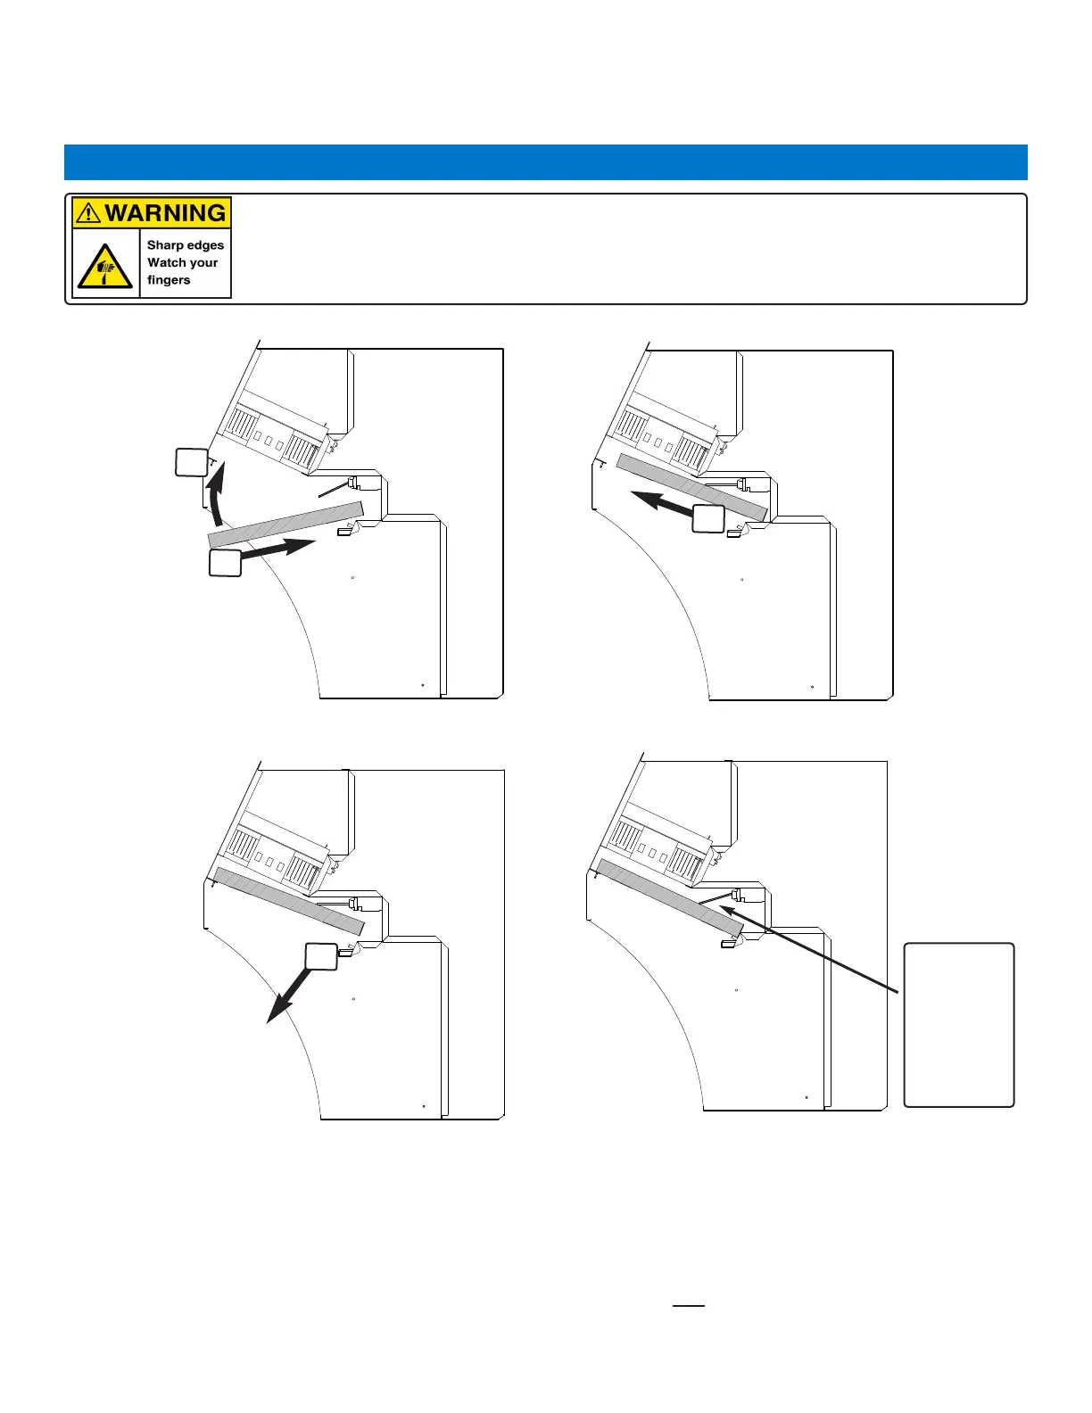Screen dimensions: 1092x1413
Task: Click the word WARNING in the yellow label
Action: (x=165, y=212)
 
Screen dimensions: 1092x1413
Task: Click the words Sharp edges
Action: (x=186, y=245)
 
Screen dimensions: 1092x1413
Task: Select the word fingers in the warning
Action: (x=169, y=280)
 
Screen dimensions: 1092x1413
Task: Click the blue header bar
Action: (x=546, y=162)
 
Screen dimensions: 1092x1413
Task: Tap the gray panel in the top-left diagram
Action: (x=285, y=525)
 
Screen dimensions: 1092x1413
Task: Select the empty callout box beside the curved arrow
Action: (x=192, y=462)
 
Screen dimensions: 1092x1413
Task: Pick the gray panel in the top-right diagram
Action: (x=692, y=487)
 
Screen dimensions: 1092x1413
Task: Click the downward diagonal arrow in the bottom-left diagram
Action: (x=290, y=995)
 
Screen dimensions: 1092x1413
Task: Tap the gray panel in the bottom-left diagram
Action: (x=289, y=901)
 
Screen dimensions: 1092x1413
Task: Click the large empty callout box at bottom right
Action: (x=959, y=1025)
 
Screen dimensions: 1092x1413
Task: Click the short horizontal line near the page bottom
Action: (x=688, y=1305)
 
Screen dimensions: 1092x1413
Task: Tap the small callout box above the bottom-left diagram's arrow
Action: (x=321, y=956)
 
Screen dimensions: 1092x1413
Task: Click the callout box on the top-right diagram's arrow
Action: (x=708, y=518)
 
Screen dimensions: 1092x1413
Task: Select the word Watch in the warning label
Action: (x=167, y=262)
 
